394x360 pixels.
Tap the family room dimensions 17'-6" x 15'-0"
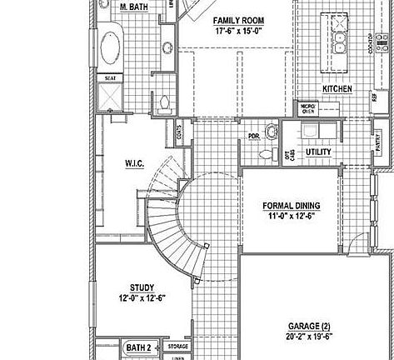tap(238, 31)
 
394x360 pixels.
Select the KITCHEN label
tap(337, 88)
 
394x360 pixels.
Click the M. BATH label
tap(134, 7)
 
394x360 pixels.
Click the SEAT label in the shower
tap(110, 78)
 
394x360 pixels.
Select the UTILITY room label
tap(318, 152)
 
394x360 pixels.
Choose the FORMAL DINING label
tap(291, 205)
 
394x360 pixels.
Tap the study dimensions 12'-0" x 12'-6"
tap(142, 297)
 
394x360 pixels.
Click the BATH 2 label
tap(137, 346)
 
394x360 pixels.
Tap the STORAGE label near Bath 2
tap(177, 346)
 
